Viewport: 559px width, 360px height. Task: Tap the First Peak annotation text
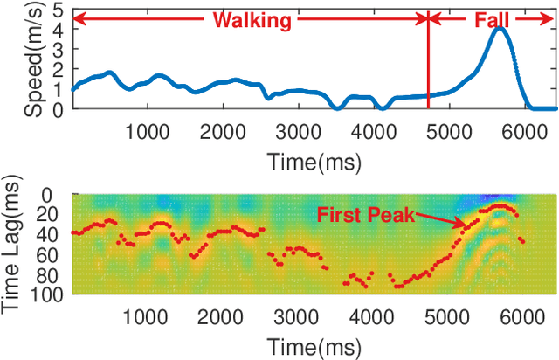(365, 212)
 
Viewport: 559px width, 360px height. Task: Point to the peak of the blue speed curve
(500, 30)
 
